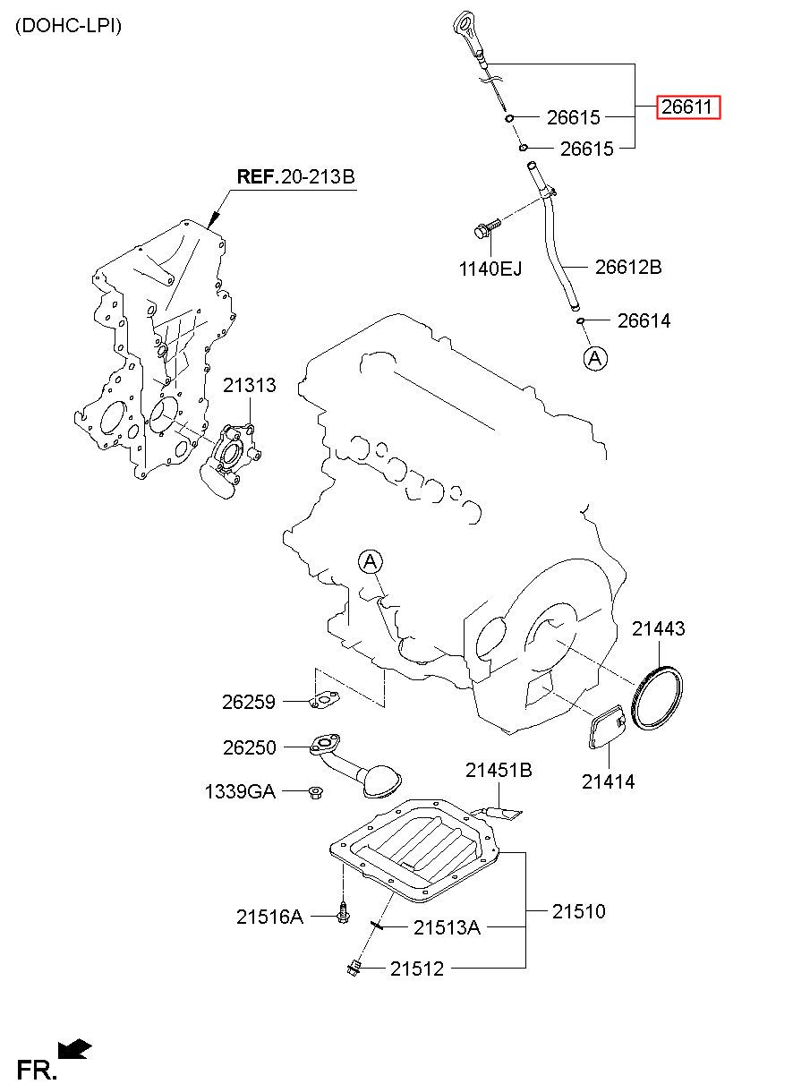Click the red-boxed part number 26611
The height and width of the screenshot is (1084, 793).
tap(687, 108)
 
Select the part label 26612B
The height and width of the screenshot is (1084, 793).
tap(628, 266)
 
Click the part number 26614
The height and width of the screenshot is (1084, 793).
tap(644, 320)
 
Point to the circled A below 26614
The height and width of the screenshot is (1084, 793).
tap(595, 358)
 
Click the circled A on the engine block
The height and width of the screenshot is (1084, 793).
tap(370, 562)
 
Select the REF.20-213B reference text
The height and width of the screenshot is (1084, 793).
tap(295, 177)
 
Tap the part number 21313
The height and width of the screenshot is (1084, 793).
tap(250, 386)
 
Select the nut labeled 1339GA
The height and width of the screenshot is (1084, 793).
tap(316, 791)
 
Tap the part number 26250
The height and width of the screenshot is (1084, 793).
tap(250, 747)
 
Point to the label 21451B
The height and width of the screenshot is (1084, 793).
tap(498, 770)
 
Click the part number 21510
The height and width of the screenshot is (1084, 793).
tap(578, 911)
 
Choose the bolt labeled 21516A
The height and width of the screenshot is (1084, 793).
tap(344, 913)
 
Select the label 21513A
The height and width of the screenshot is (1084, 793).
tap(447, 927)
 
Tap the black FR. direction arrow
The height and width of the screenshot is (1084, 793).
tap(74, 1048)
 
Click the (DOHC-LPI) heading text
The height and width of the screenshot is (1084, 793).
tap(68, 26)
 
